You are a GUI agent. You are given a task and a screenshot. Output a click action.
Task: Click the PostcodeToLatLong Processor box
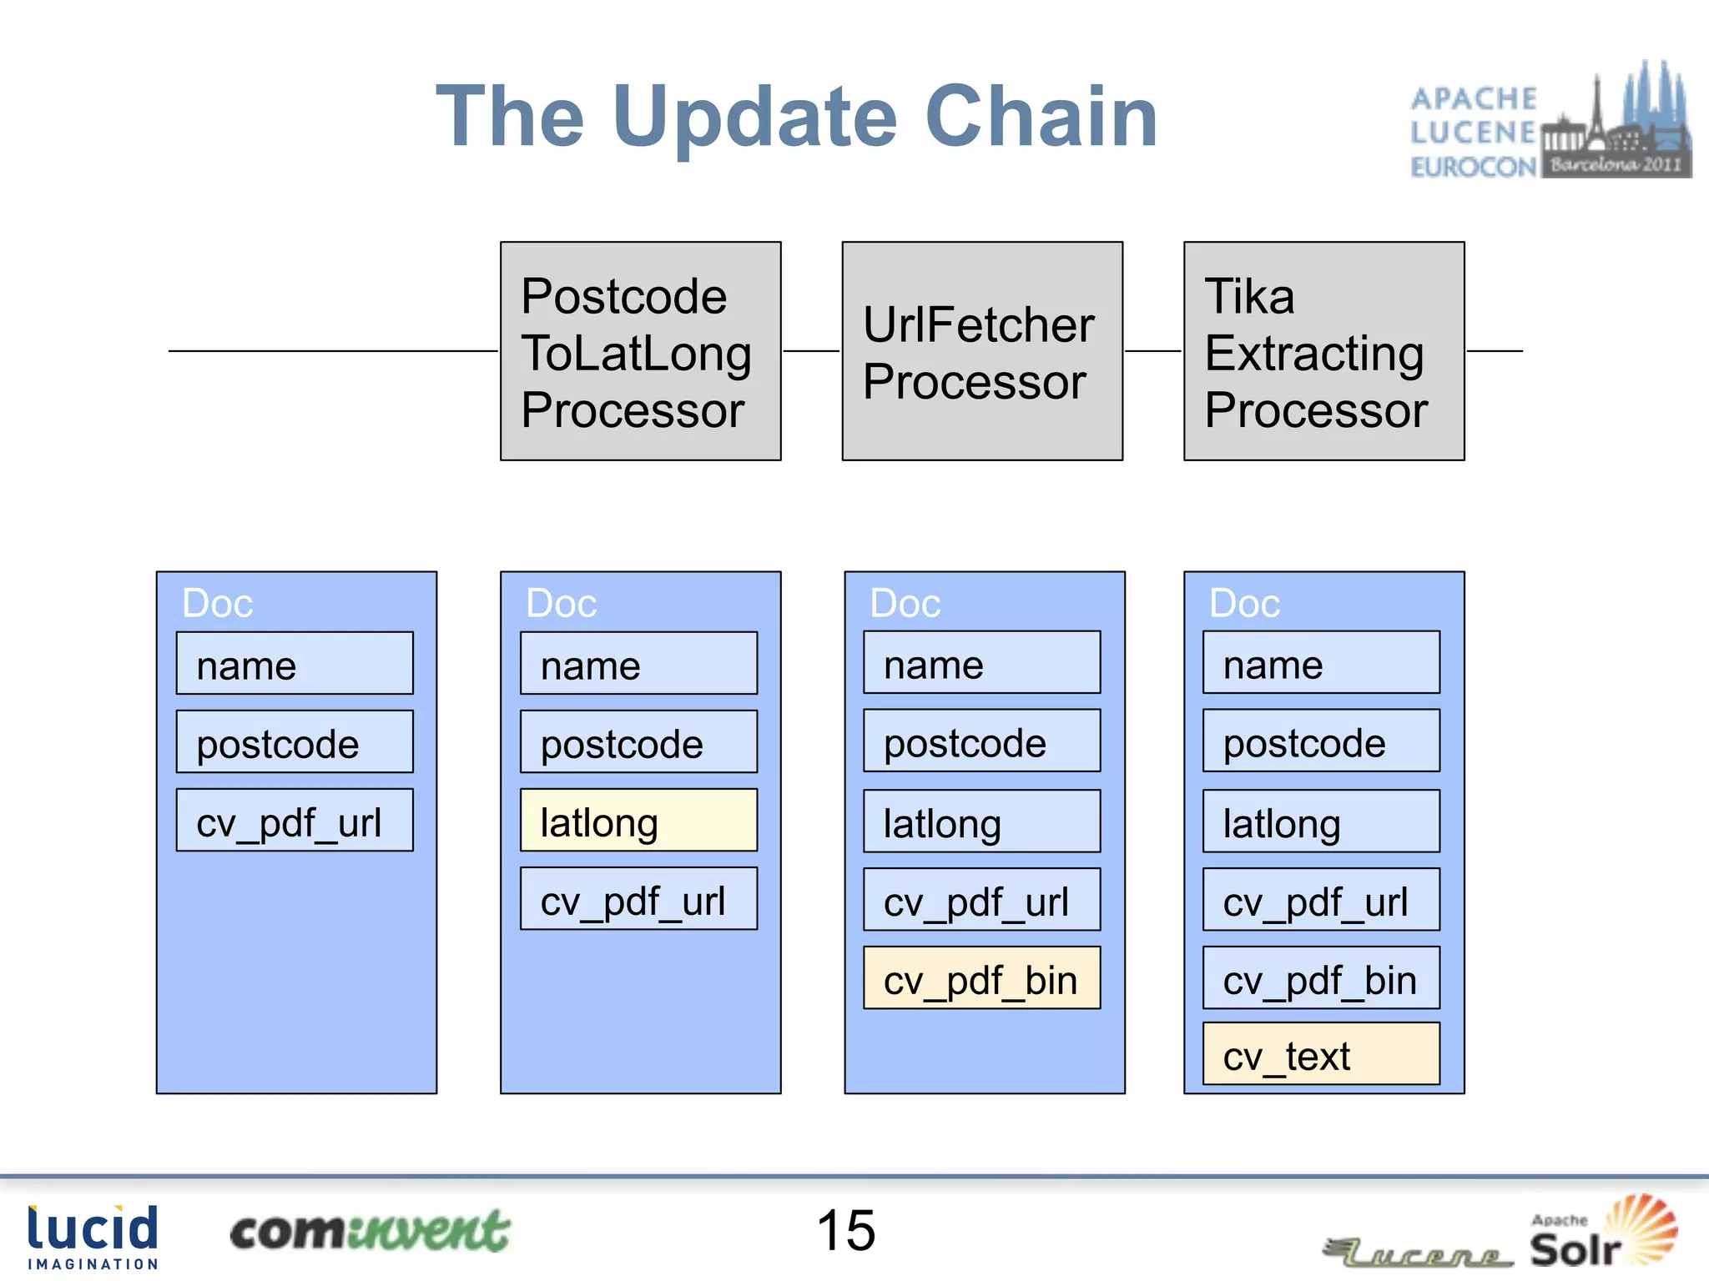(x=640, y=351)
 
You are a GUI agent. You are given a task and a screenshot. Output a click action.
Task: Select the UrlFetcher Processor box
(x=982, y=351)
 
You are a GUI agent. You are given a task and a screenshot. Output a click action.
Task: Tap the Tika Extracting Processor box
(x=1323, y=351)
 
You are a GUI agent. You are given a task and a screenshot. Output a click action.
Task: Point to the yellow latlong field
(x=638, y=821)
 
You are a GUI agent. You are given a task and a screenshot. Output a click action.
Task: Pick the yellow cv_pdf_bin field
(x=981, y=978)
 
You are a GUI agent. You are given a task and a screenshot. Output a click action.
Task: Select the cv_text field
(x=1321, y=1054)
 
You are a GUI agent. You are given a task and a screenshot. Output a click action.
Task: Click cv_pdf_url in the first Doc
(x=295, y=821)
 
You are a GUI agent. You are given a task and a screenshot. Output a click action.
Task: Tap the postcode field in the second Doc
(x=638, y=742)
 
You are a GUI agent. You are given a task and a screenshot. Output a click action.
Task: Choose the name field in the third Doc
(x=981, y=663)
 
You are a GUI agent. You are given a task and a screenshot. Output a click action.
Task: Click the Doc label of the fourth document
(x=1244, y=603)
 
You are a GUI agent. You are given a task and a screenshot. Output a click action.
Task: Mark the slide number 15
(x=845, y=1231)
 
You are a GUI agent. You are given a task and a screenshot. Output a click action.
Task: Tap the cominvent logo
(x=370, y=1232)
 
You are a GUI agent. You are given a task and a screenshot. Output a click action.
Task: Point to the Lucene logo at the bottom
(x=1419, y=1251)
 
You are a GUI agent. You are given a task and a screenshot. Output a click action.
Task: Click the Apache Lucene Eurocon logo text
(x=1474, y=133)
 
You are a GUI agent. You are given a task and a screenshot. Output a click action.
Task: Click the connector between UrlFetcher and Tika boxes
(x=1152, y=351)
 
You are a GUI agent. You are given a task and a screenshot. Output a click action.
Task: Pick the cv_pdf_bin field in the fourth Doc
(x=1321, y=978)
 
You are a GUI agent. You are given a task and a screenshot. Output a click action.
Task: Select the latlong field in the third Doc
(x=981, y=821)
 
